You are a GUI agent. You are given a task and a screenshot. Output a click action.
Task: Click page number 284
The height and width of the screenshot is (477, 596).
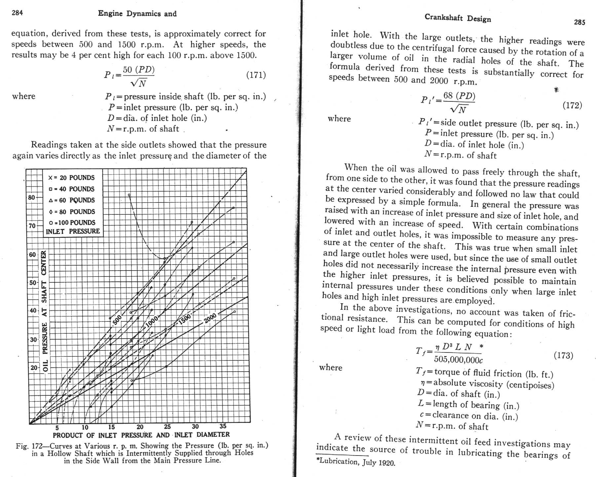[x=17, y=13]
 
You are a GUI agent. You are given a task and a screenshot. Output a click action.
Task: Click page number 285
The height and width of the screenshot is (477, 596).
[x=579, y=22]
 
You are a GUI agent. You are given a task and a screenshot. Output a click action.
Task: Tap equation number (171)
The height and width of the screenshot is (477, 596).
[x=256, y=75]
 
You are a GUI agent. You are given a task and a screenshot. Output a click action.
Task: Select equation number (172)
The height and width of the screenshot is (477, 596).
[x=572, y=105]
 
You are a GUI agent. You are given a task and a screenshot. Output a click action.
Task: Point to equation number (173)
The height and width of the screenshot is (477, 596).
[x=563, y=355]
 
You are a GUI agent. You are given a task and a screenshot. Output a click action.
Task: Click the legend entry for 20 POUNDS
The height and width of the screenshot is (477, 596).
[x=72, y=178]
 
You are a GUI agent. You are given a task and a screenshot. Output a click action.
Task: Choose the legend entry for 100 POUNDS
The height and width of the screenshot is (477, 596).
[x=72, y=223]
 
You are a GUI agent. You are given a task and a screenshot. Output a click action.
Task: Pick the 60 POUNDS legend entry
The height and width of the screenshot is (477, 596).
[x=72, y=200]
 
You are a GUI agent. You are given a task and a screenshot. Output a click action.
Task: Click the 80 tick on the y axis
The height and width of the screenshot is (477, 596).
[x=31, y=198]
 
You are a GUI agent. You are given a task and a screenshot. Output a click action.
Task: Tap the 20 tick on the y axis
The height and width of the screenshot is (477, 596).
[x=34, y=368]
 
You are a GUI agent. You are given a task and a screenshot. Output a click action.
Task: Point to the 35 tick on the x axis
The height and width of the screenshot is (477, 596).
[x=223, y=426]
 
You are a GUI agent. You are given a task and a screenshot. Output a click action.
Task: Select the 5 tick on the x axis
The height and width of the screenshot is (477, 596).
[x=57, y=428]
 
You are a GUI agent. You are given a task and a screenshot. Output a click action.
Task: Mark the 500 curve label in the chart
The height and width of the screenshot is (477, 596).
[x=117, y=320]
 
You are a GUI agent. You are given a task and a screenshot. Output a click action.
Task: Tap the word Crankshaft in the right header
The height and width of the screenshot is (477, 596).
[x=443, y=17]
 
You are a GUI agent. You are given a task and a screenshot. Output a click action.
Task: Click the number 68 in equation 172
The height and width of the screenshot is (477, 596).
[x=448, y=95]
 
